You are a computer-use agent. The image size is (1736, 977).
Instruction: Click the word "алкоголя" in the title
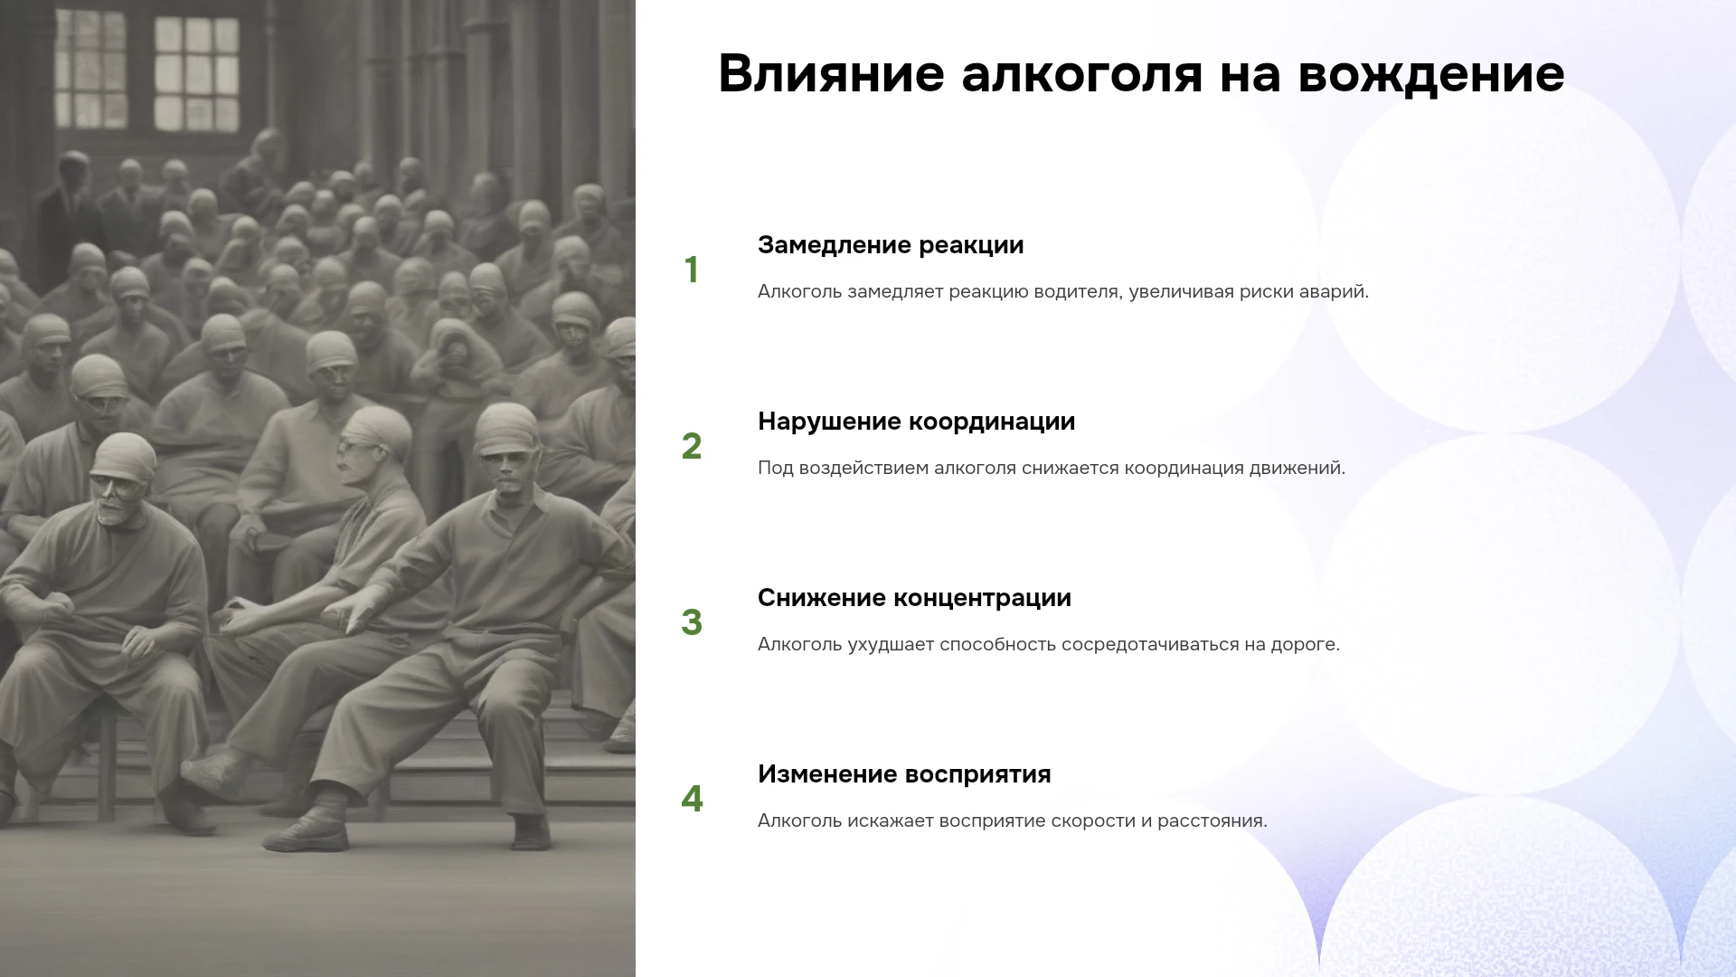pos(1081,74)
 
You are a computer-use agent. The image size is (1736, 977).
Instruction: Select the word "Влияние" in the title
pos(832,74)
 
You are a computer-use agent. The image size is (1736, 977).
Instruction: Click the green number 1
pos(692,270)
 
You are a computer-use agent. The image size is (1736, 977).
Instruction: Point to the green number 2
pos(692,446)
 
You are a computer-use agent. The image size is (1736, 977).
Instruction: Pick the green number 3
pos(692,622)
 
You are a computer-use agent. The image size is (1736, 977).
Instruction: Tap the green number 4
pos(692,799)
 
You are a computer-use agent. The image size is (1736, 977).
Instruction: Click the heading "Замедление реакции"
pos(891,245)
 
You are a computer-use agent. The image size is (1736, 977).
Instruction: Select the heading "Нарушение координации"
pos(916,422)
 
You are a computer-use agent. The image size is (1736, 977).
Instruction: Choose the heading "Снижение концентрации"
pos(914,598)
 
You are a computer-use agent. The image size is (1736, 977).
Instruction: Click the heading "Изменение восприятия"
pos(904,774)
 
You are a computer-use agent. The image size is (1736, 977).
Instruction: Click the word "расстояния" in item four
pos(1212,821)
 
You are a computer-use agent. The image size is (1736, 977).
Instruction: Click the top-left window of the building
pos(90,67)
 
